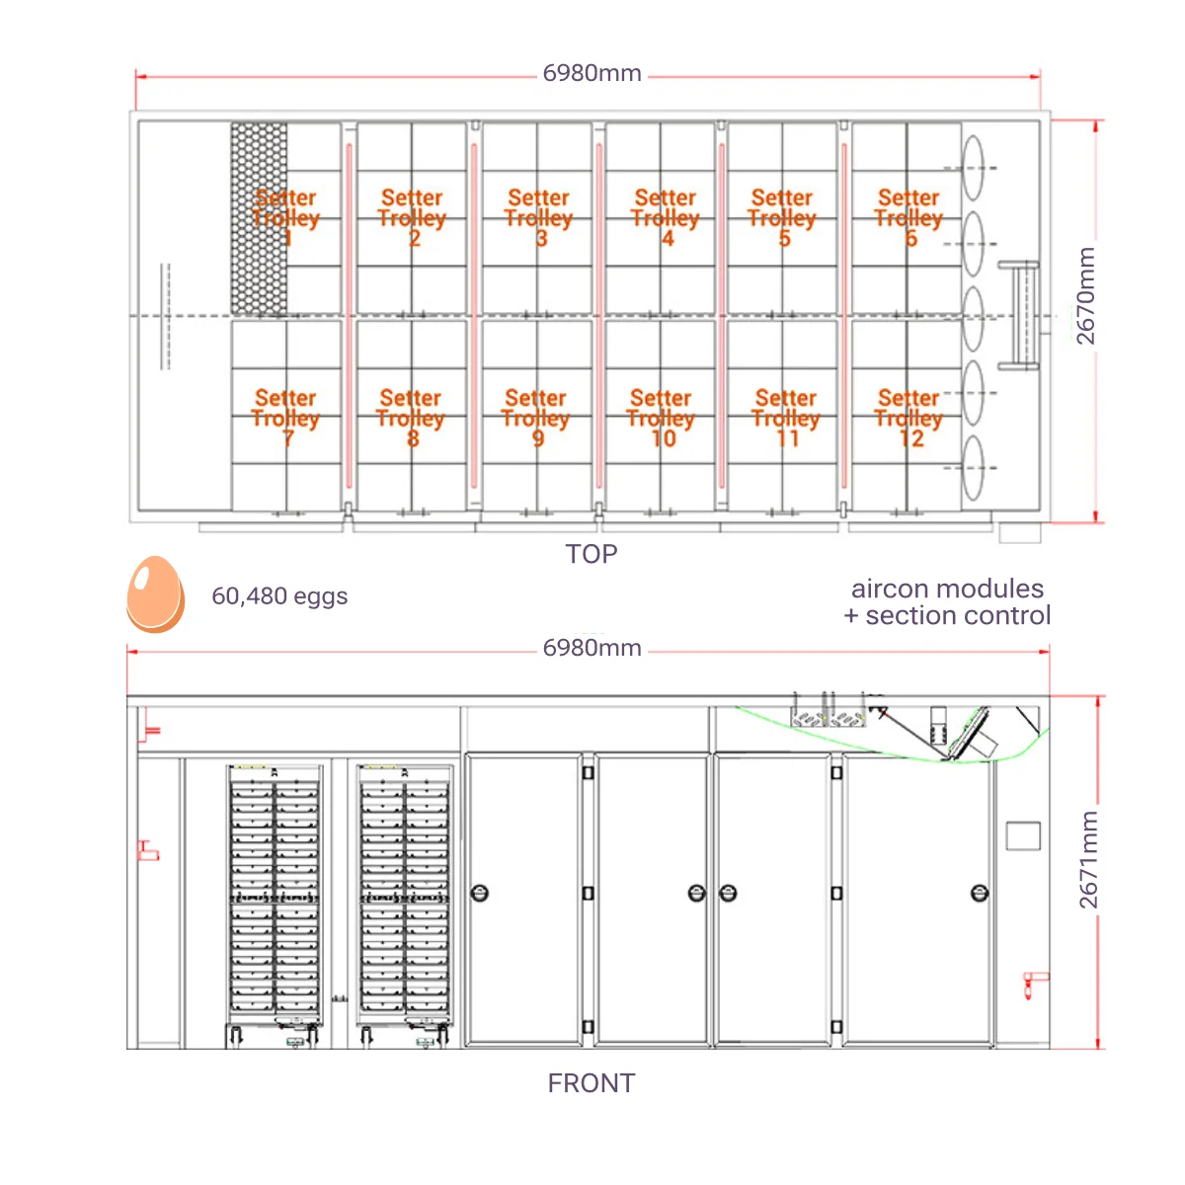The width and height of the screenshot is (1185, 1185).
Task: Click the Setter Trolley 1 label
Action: [x=285, y=217]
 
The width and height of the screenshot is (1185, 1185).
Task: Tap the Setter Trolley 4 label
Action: [x=666, y=217]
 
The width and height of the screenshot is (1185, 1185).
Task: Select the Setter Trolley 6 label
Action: [x=908, y=217]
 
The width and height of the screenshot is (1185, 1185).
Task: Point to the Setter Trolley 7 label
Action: [x=285, y=418]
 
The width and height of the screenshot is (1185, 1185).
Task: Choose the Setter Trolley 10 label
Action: [x=662, y=418]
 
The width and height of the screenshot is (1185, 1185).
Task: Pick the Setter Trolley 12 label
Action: [x=908, y=418]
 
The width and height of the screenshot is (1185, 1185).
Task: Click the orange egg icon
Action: [x=155, y=594]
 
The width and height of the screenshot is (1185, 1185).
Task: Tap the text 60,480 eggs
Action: [x=279, y=596]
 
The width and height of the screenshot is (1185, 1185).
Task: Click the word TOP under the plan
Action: [x=592, y=554]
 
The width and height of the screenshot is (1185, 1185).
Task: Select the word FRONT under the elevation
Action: [x=592, y=1083]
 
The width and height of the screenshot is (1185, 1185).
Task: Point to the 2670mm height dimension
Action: [x=1085, y=296]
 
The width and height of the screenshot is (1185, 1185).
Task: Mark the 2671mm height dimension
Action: [x=1087, y=860]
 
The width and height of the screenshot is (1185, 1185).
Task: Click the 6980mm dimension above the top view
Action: [x=592, y=74]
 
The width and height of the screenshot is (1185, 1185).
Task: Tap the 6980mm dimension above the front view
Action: [x=592, y=649]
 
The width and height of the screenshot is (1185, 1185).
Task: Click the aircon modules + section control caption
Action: [x=947, y=602]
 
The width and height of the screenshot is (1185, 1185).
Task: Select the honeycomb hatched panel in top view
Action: [x=259, y=218]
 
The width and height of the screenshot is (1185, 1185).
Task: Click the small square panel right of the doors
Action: [x=1023, y=835]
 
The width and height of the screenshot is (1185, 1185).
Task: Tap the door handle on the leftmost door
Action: [x=481, y=894]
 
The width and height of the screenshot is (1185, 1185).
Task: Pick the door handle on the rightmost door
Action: [x=980, y=894]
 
